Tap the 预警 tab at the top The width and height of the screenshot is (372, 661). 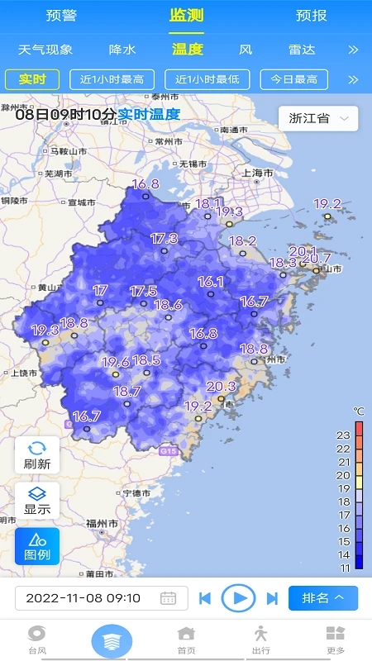[x=61, y=15]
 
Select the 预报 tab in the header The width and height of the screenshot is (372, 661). [x=311, y=15]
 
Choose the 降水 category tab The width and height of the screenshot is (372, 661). [x=122, y=50]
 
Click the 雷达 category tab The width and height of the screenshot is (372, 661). [x=302, y=50]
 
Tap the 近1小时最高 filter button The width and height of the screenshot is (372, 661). [x=112, y=79]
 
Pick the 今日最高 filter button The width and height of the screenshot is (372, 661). [x=293, y=79]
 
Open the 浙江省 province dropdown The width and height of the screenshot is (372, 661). [x=317, y=118]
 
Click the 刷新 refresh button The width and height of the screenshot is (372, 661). [x=37, y=455]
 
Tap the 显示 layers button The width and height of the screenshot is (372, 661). [x=37, y=501]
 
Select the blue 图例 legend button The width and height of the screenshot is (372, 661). [x=37, y=546]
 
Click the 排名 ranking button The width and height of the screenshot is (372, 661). [x=322, y=597]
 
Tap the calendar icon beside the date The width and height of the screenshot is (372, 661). [x=168, y=598]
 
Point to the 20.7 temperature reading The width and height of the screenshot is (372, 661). [x=317, y=259]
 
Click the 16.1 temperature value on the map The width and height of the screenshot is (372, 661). [x=211, y=282]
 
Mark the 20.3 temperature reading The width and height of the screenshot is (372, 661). [x=221, y=386]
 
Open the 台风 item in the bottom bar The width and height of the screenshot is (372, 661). [x=37, y=640]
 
